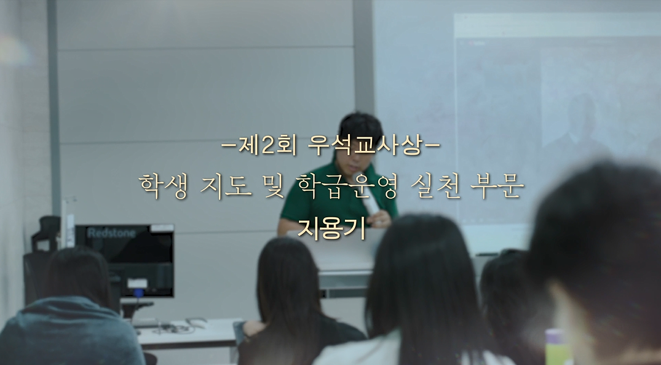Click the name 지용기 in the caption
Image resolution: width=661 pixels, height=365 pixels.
331,229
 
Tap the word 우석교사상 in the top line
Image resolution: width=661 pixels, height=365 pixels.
365,146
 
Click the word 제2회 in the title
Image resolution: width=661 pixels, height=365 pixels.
267,146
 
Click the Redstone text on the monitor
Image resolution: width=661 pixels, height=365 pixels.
111,233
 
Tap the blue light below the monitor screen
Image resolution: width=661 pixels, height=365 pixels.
138,292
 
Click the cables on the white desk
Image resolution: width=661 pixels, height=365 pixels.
177,324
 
